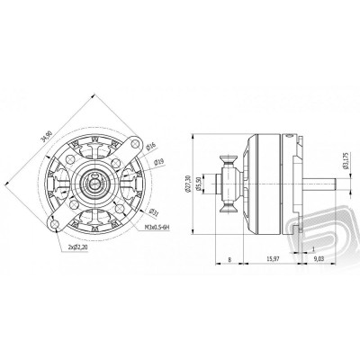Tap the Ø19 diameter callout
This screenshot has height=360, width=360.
pyautogui.click(x=159, y=162)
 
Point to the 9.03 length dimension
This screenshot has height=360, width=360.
pyautogui.click(x=318, y=260)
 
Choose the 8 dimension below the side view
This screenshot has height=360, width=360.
pyautogui.click(x=230, y=260)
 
